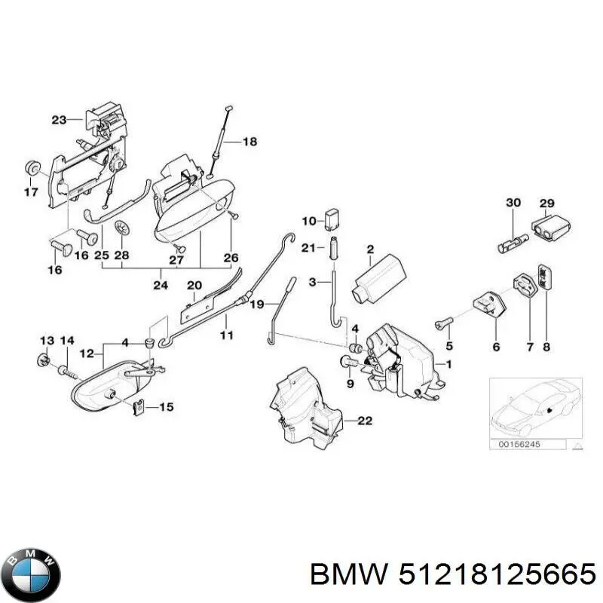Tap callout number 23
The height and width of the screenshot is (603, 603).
pos(60,119)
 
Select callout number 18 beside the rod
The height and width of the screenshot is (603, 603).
pos(249,141)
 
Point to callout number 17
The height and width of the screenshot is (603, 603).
pos(30,193)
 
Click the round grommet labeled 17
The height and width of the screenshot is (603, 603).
pos(32,167)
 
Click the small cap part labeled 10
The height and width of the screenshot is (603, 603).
pos(332,219)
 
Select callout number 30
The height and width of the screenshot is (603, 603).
pos(513,203)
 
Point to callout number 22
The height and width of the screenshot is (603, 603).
pos(364,421)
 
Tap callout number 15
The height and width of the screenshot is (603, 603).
pos(166,407)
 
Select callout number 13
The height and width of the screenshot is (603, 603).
pos(46,341)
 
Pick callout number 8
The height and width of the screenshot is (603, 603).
pos(546,347)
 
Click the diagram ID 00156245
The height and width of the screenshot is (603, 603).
pos(521,445)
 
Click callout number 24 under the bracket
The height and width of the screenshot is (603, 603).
pos(160,285)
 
